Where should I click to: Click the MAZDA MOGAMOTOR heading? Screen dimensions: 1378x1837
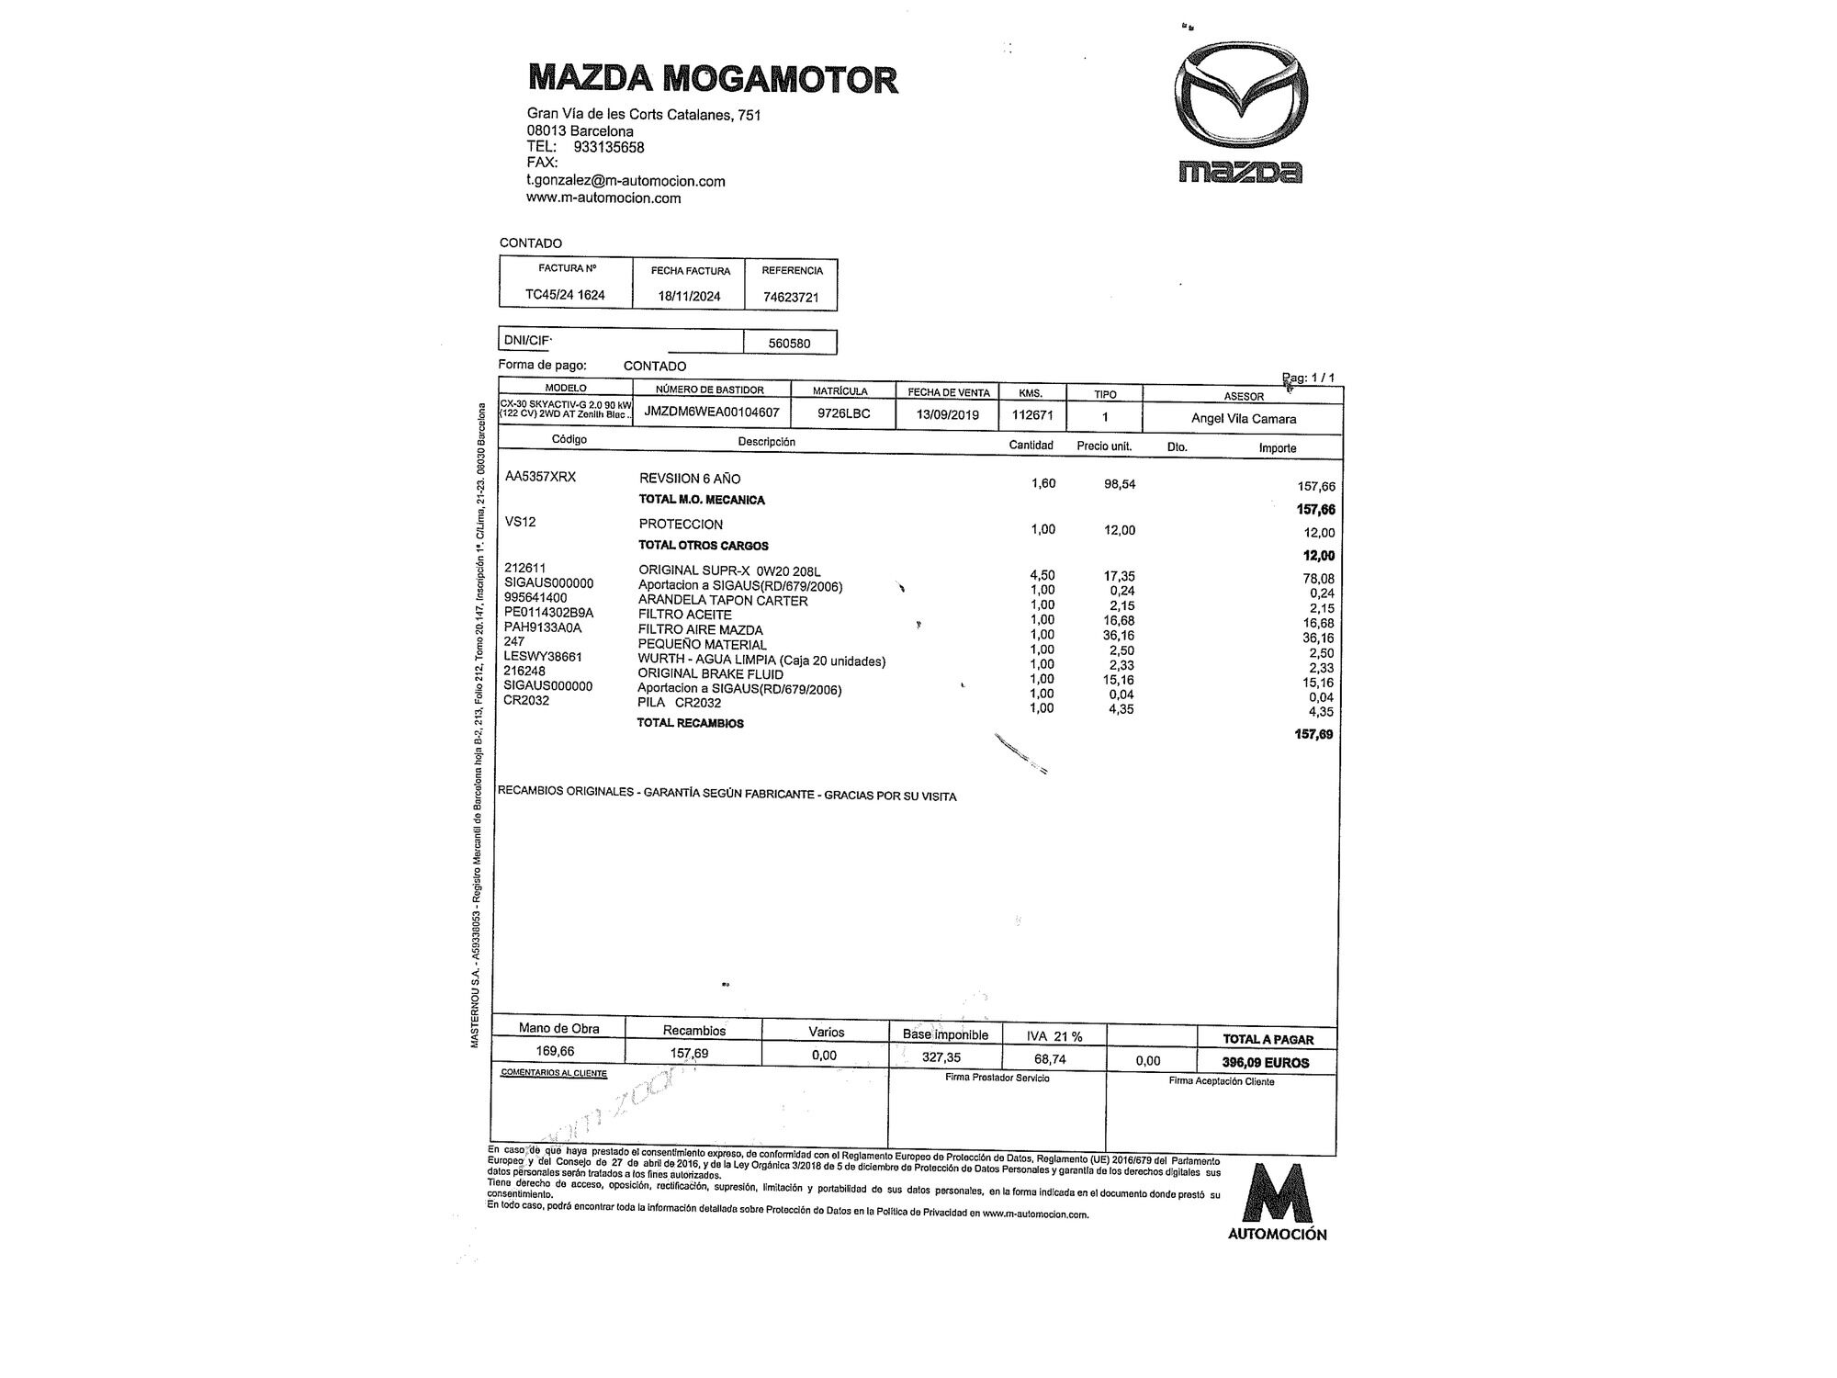(x=713, y=79)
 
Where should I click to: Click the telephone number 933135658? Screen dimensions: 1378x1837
(x=608, y=147)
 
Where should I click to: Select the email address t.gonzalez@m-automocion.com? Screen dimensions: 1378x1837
(x=625, y=181)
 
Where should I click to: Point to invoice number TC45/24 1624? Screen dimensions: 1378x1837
(x=565, y=295)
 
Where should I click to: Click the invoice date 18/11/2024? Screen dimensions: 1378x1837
(x=689, y=296)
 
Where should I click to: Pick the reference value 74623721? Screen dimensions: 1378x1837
(x=791, y=297)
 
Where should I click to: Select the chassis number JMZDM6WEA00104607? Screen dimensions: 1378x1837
(x=712, y=412)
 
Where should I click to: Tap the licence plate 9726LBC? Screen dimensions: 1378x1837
(x=843, y=413)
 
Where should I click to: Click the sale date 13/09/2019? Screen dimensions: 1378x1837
(x=948, y=414)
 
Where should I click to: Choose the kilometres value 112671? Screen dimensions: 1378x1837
(x=1032, y=414)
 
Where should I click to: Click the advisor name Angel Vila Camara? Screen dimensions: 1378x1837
(x=1244, y=419)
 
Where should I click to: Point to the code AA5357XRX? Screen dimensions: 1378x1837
(x=540, y=477)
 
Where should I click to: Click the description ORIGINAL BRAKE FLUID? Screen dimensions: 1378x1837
(x=710, y=674)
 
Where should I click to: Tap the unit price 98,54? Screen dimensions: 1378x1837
(x=1120, y=483)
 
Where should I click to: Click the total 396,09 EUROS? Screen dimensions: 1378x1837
(x=1266, y=1062)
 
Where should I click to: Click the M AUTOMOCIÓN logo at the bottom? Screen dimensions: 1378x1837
(x=1278, y=1203)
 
